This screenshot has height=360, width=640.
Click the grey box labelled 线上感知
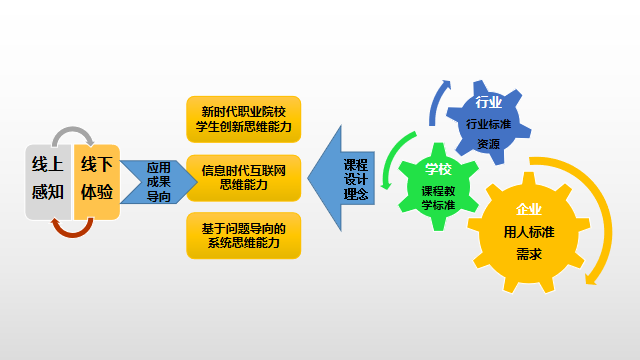47,179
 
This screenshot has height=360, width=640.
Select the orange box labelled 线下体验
97,179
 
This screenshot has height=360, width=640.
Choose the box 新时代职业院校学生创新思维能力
243,119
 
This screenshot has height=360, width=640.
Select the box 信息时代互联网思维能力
243,178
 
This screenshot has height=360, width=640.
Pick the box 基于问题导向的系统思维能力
243,236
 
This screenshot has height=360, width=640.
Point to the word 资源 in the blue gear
488,144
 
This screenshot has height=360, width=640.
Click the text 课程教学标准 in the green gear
438,198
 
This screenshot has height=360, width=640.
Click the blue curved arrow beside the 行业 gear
436,103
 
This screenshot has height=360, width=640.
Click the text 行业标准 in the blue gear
488,125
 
